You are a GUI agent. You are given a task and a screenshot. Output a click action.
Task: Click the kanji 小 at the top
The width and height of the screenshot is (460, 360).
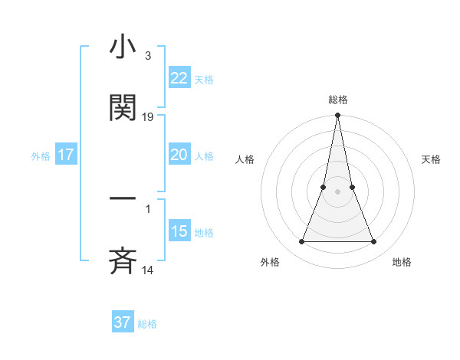(x=123, y=47)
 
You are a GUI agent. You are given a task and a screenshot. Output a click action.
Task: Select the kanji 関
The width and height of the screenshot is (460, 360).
(x=123, y=108)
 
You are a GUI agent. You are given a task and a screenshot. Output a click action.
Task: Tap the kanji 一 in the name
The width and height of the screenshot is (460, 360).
(x=123, y=198)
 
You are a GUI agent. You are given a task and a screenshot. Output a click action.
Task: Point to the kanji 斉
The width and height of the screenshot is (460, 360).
(x=123, y=260)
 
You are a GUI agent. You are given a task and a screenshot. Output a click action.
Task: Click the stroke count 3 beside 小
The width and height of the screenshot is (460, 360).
(x=147, y=56)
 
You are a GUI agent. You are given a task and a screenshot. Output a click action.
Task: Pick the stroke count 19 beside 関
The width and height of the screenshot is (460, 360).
(x=148, y=116)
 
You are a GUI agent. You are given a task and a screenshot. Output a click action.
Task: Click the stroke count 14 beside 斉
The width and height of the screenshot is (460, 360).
(x=148, y=270)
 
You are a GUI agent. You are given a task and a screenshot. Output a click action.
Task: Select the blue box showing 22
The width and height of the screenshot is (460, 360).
(x=179, y=78)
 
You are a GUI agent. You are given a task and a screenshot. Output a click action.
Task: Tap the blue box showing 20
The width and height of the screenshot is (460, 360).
(x=179, y=155)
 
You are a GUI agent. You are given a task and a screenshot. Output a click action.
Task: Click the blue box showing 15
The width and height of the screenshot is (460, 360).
(x=179, y=231)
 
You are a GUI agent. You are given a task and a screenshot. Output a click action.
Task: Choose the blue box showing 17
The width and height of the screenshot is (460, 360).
(x=66, y=155)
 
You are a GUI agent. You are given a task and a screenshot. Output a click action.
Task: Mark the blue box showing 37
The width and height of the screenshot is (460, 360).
(x=123, y=322)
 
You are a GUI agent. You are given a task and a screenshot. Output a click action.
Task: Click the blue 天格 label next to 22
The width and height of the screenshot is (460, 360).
(x=204, y=79)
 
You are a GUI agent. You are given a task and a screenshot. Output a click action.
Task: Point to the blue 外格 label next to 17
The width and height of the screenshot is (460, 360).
(x=41, y=155)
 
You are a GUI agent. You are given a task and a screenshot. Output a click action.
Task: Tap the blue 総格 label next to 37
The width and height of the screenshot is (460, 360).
(x=147, y=323)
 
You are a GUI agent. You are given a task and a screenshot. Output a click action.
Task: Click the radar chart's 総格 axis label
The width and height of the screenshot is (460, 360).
(x=337, y=100)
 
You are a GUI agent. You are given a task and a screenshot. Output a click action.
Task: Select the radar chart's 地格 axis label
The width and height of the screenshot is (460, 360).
(x=402, y=262)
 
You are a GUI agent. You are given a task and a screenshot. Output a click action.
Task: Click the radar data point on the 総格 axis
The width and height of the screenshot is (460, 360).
(x=337, y=116)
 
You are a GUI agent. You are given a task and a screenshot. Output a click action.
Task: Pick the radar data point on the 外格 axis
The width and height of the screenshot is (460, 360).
(x=301, y=242)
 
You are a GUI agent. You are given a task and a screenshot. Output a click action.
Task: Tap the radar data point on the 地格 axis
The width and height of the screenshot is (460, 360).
(x=373, y=242)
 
